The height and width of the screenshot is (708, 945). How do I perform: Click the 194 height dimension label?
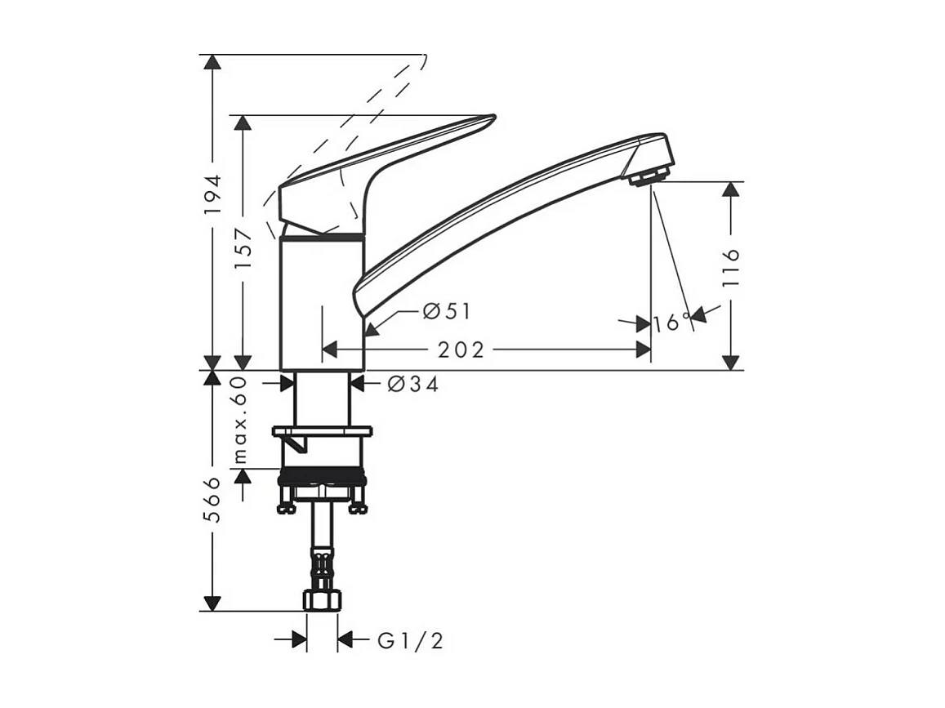click(212, 194)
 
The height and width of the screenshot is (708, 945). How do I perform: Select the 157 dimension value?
click(243, 248)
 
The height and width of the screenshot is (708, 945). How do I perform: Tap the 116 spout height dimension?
click(731, 266)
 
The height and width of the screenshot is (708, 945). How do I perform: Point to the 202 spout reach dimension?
click(461, 350)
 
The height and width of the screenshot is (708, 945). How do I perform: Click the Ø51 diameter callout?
click(447, 311)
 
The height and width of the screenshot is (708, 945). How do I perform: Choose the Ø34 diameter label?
click(413, 384)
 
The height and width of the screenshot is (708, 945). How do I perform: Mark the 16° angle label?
click(672, 323)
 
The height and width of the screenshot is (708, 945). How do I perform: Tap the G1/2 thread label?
click(410, 640)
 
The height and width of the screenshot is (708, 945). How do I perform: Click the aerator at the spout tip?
click(650, 176)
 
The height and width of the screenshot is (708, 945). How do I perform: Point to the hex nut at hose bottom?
click(322, 600)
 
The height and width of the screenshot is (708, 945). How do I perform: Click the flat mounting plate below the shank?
click(322, 430)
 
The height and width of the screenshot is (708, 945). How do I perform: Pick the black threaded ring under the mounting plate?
click(322, 477)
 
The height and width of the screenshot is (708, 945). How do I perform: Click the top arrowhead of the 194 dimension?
click(212, 63)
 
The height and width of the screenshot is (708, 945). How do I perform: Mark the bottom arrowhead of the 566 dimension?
click(212, 603)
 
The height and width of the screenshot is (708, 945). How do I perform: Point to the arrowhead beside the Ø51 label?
click(372, 329)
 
